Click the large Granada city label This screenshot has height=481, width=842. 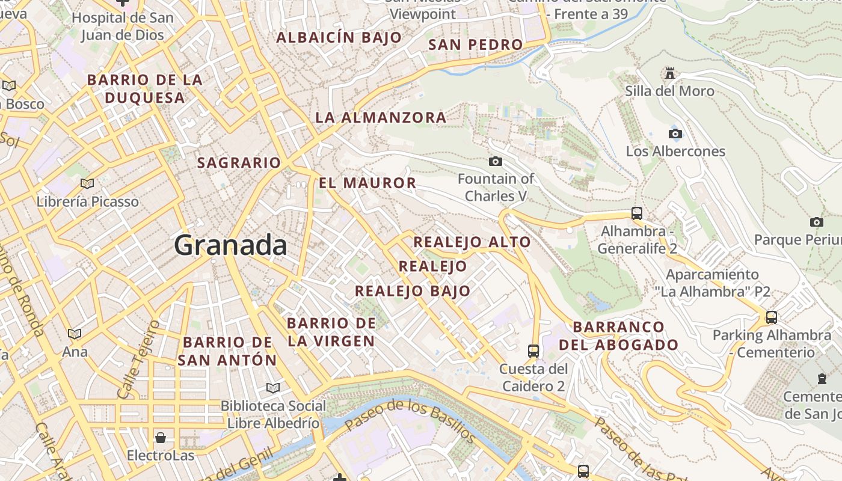tap(231, 245)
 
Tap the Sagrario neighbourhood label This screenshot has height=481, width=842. tap(239, 162)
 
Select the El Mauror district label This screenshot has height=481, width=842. tap(367, 183)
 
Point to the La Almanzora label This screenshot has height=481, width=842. tap(381, 117)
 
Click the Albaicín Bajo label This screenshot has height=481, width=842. tap(339, 37)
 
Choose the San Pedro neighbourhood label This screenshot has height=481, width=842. tap(475, 44)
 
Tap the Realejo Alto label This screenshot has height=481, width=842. tap(472, 242)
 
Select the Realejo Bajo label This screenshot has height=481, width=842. tap(413, 291)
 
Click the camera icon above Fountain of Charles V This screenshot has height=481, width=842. tap(496, 161)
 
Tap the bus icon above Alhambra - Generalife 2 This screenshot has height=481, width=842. tap(637, 213)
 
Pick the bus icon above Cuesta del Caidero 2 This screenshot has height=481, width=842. tap(533, 351)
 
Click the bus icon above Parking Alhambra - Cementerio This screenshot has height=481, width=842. tap(771, 317)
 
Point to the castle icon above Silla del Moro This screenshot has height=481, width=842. tap(669, 73)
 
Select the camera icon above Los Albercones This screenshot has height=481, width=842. tap(675, 133)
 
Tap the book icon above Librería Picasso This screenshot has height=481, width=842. tap(87, 183)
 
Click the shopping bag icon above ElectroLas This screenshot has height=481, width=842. tap(160, 437)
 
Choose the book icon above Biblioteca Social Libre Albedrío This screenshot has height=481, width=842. tap(273, 388)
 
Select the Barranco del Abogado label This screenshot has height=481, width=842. tap(619, 336)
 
